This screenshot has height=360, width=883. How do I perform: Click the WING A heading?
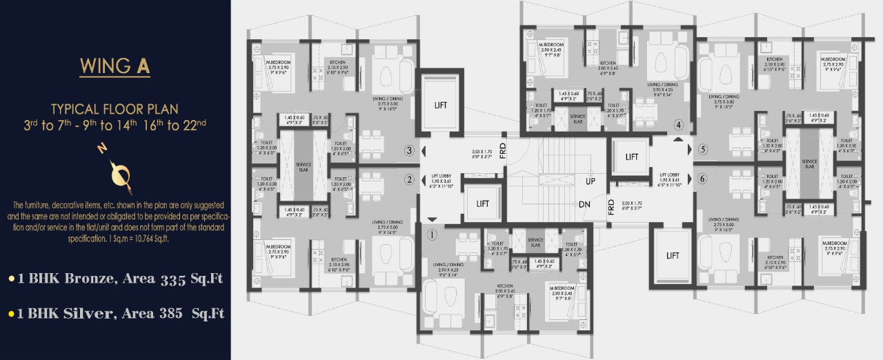pyautogui.click(x=115, y=67)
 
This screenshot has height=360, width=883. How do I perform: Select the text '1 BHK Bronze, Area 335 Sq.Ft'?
pyautogui.click(x=116, y=279)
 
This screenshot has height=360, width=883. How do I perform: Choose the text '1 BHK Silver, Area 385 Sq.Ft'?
pyautogui.click(x=116, y=314)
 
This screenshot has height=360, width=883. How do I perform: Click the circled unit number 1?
pyautogui.click(x=433, y=234)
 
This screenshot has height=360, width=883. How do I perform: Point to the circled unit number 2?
pyautogui.click(x=409, y=180)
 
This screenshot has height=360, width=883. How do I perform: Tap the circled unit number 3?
pyautogui.click(x=409, y=150)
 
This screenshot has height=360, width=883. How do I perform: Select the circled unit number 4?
pyautogui.click(x=679, y=126)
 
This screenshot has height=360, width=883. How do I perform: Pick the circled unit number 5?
pyautogui.click(x=702, y=148)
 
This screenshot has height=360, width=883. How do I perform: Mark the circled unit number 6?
pyautogui.click(x=702, y=179)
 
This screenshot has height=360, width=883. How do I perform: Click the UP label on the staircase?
pyautogui.click(x=590, y=181)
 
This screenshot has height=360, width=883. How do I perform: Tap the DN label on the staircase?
pyautogui.click(x=584, y=205)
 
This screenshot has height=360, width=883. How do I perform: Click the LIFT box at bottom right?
pyautogui.click(x=673, y=255)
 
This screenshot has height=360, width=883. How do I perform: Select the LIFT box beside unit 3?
pyautogui.click(x=440, y=105)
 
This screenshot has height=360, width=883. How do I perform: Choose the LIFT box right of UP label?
pyautogui.click(x=632, y=157)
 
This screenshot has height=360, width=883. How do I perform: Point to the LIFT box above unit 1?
pyautogui.click(x=483, y=203)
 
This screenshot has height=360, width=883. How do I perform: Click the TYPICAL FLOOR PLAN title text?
pyautogui.click(x=115, y=108)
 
